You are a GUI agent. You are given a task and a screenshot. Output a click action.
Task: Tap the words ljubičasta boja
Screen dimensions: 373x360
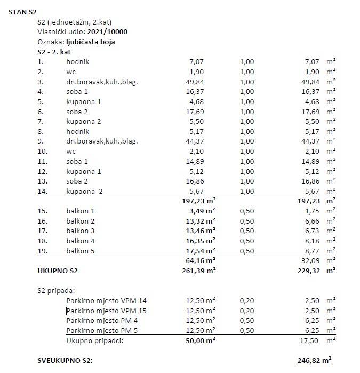tap(90, 42)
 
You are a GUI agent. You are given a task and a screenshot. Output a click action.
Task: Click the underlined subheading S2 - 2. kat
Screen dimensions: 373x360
tap(54, 52)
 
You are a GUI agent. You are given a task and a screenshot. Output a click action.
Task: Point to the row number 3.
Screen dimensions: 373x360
tap(40, 82)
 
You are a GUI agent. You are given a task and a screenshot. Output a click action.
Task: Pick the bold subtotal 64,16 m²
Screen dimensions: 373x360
tap(199, 260)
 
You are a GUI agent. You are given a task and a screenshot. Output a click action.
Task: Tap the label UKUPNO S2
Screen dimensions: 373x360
tap(58, 271)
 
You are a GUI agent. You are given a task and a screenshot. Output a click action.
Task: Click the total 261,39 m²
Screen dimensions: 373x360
tap(197, 271)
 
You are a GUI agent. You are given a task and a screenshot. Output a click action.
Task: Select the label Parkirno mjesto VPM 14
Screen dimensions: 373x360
tap(106, 300)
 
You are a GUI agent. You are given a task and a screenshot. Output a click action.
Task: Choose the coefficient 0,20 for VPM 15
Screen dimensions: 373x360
tap(247, 311)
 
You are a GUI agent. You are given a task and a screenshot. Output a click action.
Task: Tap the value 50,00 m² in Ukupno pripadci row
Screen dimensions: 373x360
tap(199, 340)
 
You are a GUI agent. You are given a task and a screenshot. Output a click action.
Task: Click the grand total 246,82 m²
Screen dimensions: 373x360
tap(314, 360)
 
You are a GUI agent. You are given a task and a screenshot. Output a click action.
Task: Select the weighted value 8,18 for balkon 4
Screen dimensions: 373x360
tap(313, 240)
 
